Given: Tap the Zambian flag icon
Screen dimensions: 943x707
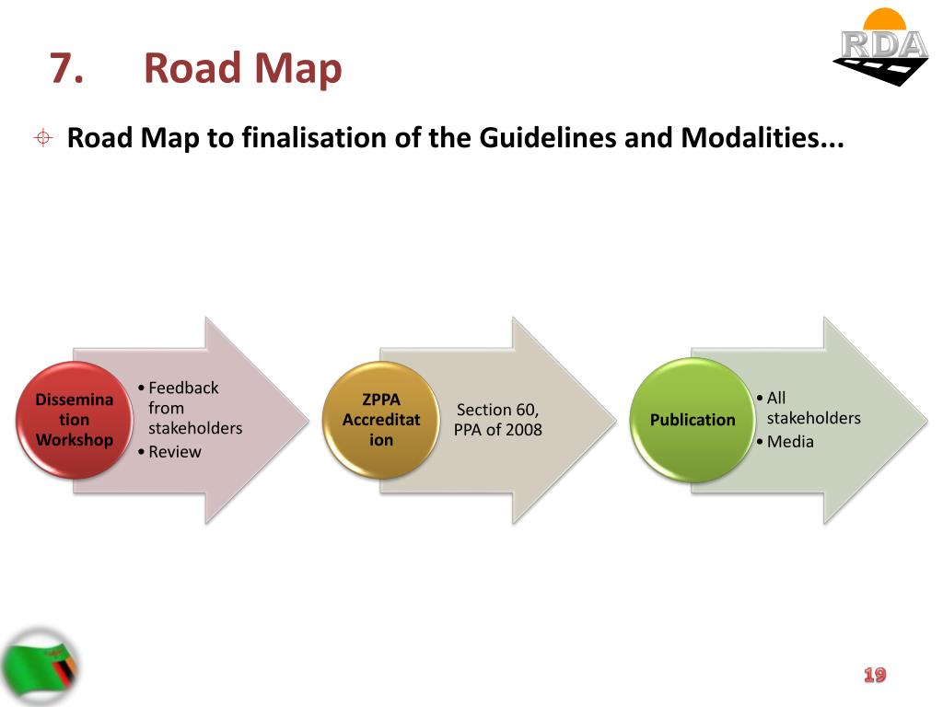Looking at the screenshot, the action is (41, 666).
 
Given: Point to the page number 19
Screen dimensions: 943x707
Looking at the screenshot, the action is (875, 676).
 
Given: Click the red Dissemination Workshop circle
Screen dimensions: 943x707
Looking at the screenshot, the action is (74, 420).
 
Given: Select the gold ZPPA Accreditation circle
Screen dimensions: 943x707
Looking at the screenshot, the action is (381, 420).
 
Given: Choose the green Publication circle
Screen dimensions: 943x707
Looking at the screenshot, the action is (693, 420).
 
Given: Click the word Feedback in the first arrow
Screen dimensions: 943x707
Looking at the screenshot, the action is (183, 388).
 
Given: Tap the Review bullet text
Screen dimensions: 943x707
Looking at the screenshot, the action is (175, 452).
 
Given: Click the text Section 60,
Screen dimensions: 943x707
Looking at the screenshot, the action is (497, 410).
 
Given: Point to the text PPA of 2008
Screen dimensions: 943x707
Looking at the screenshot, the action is (497, 430).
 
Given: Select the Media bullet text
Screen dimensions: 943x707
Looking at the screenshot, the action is (790, 442).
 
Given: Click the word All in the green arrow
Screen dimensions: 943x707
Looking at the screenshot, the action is (776, 398).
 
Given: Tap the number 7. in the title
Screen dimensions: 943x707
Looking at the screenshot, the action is (66, 69).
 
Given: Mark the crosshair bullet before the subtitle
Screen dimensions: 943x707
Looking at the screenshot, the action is (42, 139).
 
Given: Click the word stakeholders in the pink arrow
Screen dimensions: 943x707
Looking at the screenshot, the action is (195, 428).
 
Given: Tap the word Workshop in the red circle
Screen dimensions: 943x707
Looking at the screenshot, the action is (74, 439).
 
